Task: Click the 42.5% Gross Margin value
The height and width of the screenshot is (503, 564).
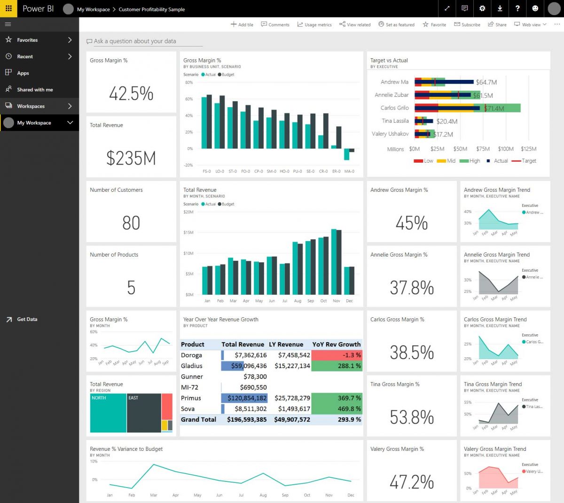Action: coord(131,94)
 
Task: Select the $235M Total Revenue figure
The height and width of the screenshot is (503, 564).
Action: coord(131,158)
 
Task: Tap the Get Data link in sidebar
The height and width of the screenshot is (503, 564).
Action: coord(27,319)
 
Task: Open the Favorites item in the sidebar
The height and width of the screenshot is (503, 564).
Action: coord(27,40)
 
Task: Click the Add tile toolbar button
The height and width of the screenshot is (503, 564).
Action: coord(242,24)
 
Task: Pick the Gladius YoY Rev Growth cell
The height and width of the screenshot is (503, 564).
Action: coord(337,366)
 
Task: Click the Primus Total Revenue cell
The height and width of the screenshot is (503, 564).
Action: coord(244,398)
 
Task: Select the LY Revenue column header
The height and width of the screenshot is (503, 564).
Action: coord(286,344)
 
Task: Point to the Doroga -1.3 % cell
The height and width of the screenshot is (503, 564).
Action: coord(337,355)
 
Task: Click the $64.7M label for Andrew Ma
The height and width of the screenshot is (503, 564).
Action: coord(486,82)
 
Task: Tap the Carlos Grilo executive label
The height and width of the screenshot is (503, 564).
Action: coord(394,108)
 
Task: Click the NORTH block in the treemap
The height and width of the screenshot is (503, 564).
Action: coord(108,413)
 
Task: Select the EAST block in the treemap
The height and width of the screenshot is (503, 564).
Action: coord(144,413)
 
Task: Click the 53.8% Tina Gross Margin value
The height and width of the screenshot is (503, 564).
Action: coord(412,417)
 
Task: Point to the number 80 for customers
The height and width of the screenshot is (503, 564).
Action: coord(131,223)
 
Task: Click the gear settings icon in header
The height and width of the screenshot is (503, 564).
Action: coord(482,8)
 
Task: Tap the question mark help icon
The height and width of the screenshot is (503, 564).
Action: coord(517,8)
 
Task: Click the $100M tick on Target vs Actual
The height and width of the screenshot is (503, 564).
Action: coord(506,149)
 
